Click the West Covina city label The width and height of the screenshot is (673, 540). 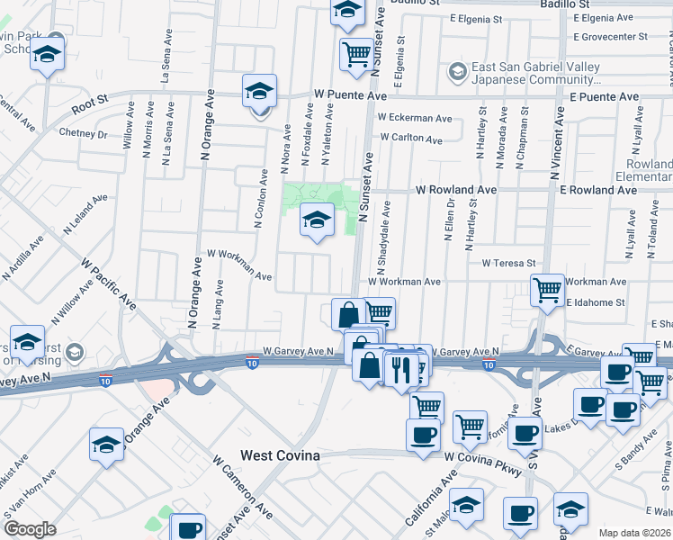pyautogui.click(x=280, y=456)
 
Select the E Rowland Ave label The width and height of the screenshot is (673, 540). pyautogui.click(x=599, y=190)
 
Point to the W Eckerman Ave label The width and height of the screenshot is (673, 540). pyautogui.click(x=415, y=118)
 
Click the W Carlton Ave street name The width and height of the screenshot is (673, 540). pyautogui.click(x=411, y=139)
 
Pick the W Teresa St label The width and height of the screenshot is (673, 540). pyautogui.click(x=508, y=264)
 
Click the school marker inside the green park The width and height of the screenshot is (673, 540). pyautogui.click(x=316, y=220)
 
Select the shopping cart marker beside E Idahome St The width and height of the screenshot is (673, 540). pyautogui.click(x=547, y=291)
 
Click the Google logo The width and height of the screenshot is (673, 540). pyautogui.click(x=30, y=529)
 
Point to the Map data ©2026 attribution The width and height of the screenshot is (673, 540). pyautogui.click(x=635, y=533)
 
